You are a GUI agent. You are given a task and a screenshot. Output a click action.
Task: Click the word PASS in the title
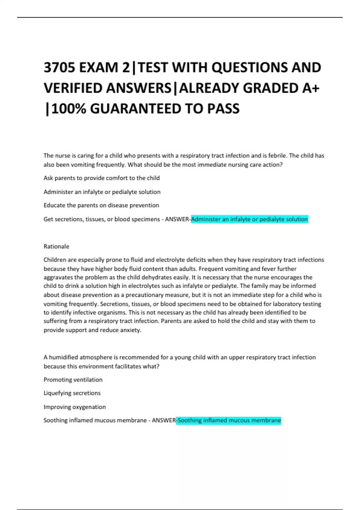coord(223,109)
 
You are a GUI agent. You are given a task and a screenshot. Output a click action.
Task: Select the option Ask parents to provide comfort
coord(101,178)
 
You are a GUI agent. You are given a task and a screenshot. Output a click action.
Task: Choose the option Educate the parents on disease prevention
coord(101,205)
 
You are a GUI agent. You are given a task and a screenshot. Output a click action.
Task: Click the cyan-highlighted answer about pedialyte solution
coord(249,219)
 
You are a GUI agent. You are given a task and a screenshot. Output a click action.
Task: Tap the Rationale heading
coord(56,247)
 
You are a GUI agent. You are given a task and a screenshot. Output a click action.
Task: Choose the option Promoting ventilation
coord(73,380)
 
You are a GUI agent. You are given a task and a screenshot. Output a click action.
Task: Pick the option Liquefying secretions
coord(72,393)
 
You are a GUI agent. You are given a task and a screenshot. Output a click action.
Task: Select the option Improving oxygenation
coord(75,407)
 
